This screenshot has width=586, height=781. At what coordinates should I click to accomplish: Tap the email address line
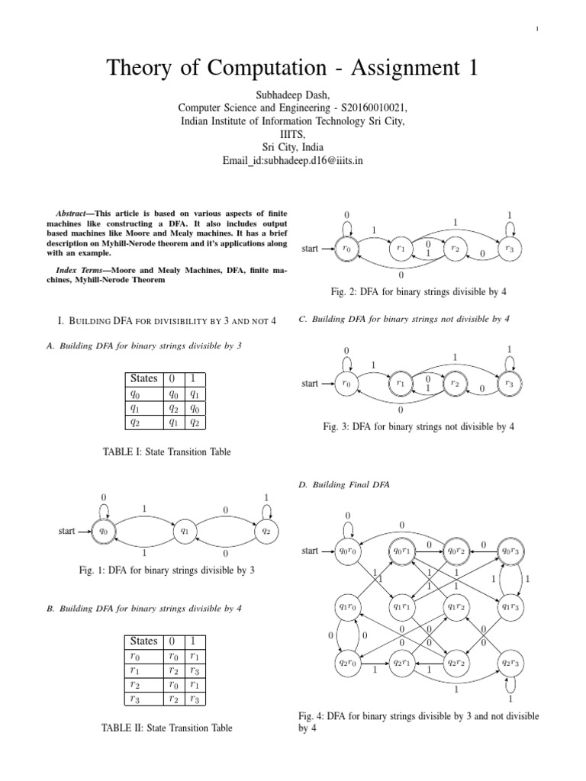click(293, 162)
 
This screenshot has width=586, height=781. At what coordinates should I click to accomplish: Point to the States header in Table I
click(144, 378)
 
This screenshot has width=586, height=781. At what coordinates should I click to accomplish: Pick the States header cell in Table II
click(144, 641)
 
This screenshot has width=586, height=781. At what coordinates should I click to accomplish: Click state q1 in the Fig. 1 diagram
click(184, 531)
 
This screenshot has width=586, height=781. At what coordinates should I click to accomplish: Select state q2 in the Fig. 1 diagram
click(265, 531)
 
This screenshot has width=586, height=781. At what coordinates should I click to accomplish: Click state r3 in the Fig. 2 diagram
click(510, 248)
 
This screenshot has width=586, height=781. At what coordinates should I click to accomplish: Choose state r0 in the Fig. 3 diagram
click(347, 384)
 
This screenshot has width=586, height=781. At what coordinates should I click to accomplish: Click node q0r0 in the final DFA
click(347, 551)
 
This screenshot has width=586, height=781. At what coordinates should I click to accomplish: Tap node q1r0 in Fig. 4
click(347, 607)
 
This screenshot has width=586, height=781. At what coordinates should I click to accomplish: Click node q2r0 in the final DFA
click(347, 663)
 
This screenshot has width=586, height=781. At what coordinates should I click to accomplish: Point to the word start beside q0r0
click(309, 551)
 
